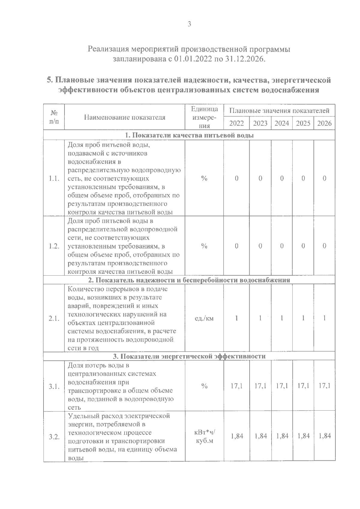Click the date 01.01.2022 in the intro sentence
[x=193, y=59]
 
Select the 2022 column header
[x=236, y=123]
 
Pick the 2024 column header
[x=282, y=123]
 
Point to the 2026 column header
[x=324, y=123]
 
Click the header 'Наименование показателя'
[x=124, y=117]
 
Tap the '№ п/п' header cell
[x=54, y=117]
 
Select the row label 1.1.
[x=54, y=178]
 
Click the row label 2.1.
[x=54, y=318]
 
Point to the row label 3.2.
[x=54, y=436]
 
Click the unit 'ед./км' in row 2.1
[x=204, y=318]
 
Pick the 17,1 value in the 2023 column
[x=260, y=386]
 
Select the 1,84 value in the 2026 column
[x=325, y=436]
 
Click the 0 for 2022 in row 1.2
[x=236, y=246]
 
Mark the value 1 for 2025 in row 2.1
[x=303, y=318]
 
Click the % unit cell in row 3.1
[x=204, y=386]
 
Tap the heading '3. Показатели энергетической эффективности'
[x=189, y=356]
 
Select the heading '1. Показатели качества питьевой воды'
[x=189, y=135]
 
